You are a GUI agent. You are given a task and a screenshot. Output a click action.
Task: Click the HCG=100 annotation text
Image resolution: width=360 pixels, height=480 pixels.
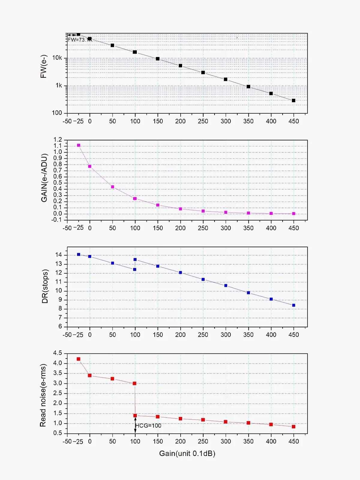pos(148,425)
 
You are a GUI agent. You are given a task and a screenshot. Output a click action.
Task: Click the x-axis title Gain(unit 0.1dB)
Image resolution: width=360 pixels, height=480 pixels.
pos(187,453)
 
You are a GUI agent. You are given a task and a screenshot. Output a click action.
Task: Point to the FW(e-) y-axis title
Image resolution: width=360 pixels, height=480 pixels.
pos(44,67)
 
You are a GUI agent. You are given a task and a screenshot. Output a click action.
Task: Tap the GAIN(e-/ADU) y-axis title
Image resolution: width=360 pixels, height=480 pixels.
pos(44,178)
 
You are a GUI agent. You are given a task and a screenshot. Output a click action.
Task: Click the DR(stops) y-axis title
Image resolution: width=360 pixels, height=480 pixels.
pos(45,286)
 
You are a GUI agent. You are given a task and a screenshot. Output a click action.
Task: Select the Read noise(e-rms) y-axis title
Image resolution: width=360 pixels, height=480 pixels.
pos(43,395)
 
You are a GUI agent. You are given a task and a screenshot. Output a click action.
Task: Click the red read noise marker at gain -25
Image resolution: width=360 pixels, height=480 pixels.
pos(79,359)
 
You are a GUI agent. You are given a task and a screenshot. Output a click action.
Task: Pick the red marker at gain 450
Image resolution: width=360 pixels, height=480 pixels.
pos(294,426)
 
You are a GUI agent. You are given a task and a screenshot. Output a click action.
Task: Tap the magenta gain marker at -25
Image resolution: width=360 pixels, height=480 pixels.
pos(79,145)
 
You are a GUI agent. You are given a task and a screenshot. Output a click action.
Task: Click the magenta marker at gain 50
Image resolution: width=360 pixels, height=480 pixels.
pos(112,187)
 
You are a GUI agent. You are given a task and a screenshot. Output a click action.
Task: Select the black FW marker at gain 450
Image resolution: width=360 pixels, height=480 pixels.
pos(294,100)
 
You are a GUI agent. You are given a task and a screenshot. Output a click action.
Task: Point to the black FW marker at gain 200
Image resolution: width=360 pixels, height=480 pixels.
pos(180,66)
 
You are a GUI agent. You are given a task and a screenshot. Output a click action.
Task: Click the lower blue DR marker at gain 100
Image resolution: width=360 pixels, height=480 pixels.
pos(135,269)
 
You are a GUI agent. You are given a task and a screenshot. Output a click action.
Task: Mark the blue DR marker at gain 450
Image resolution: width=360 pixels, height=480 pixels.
pos(294,305)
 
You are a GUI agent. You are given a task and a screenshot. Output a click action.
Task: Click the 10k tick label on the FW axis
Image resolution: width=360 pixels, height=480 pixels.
pos(57,58)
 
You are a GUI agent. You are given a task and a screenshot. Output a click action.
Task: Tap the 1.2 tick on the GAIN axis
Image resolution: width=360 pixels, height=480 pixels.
pos(58,139)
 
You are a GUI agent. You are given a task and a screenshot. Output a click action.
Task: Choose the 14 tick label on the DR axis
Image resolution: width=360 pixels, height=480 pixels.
pos(58,255)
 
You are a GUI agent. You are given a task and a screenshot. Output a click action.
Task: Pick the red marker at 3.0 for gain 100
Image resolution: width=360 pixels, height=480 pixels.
pos(135,383)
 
